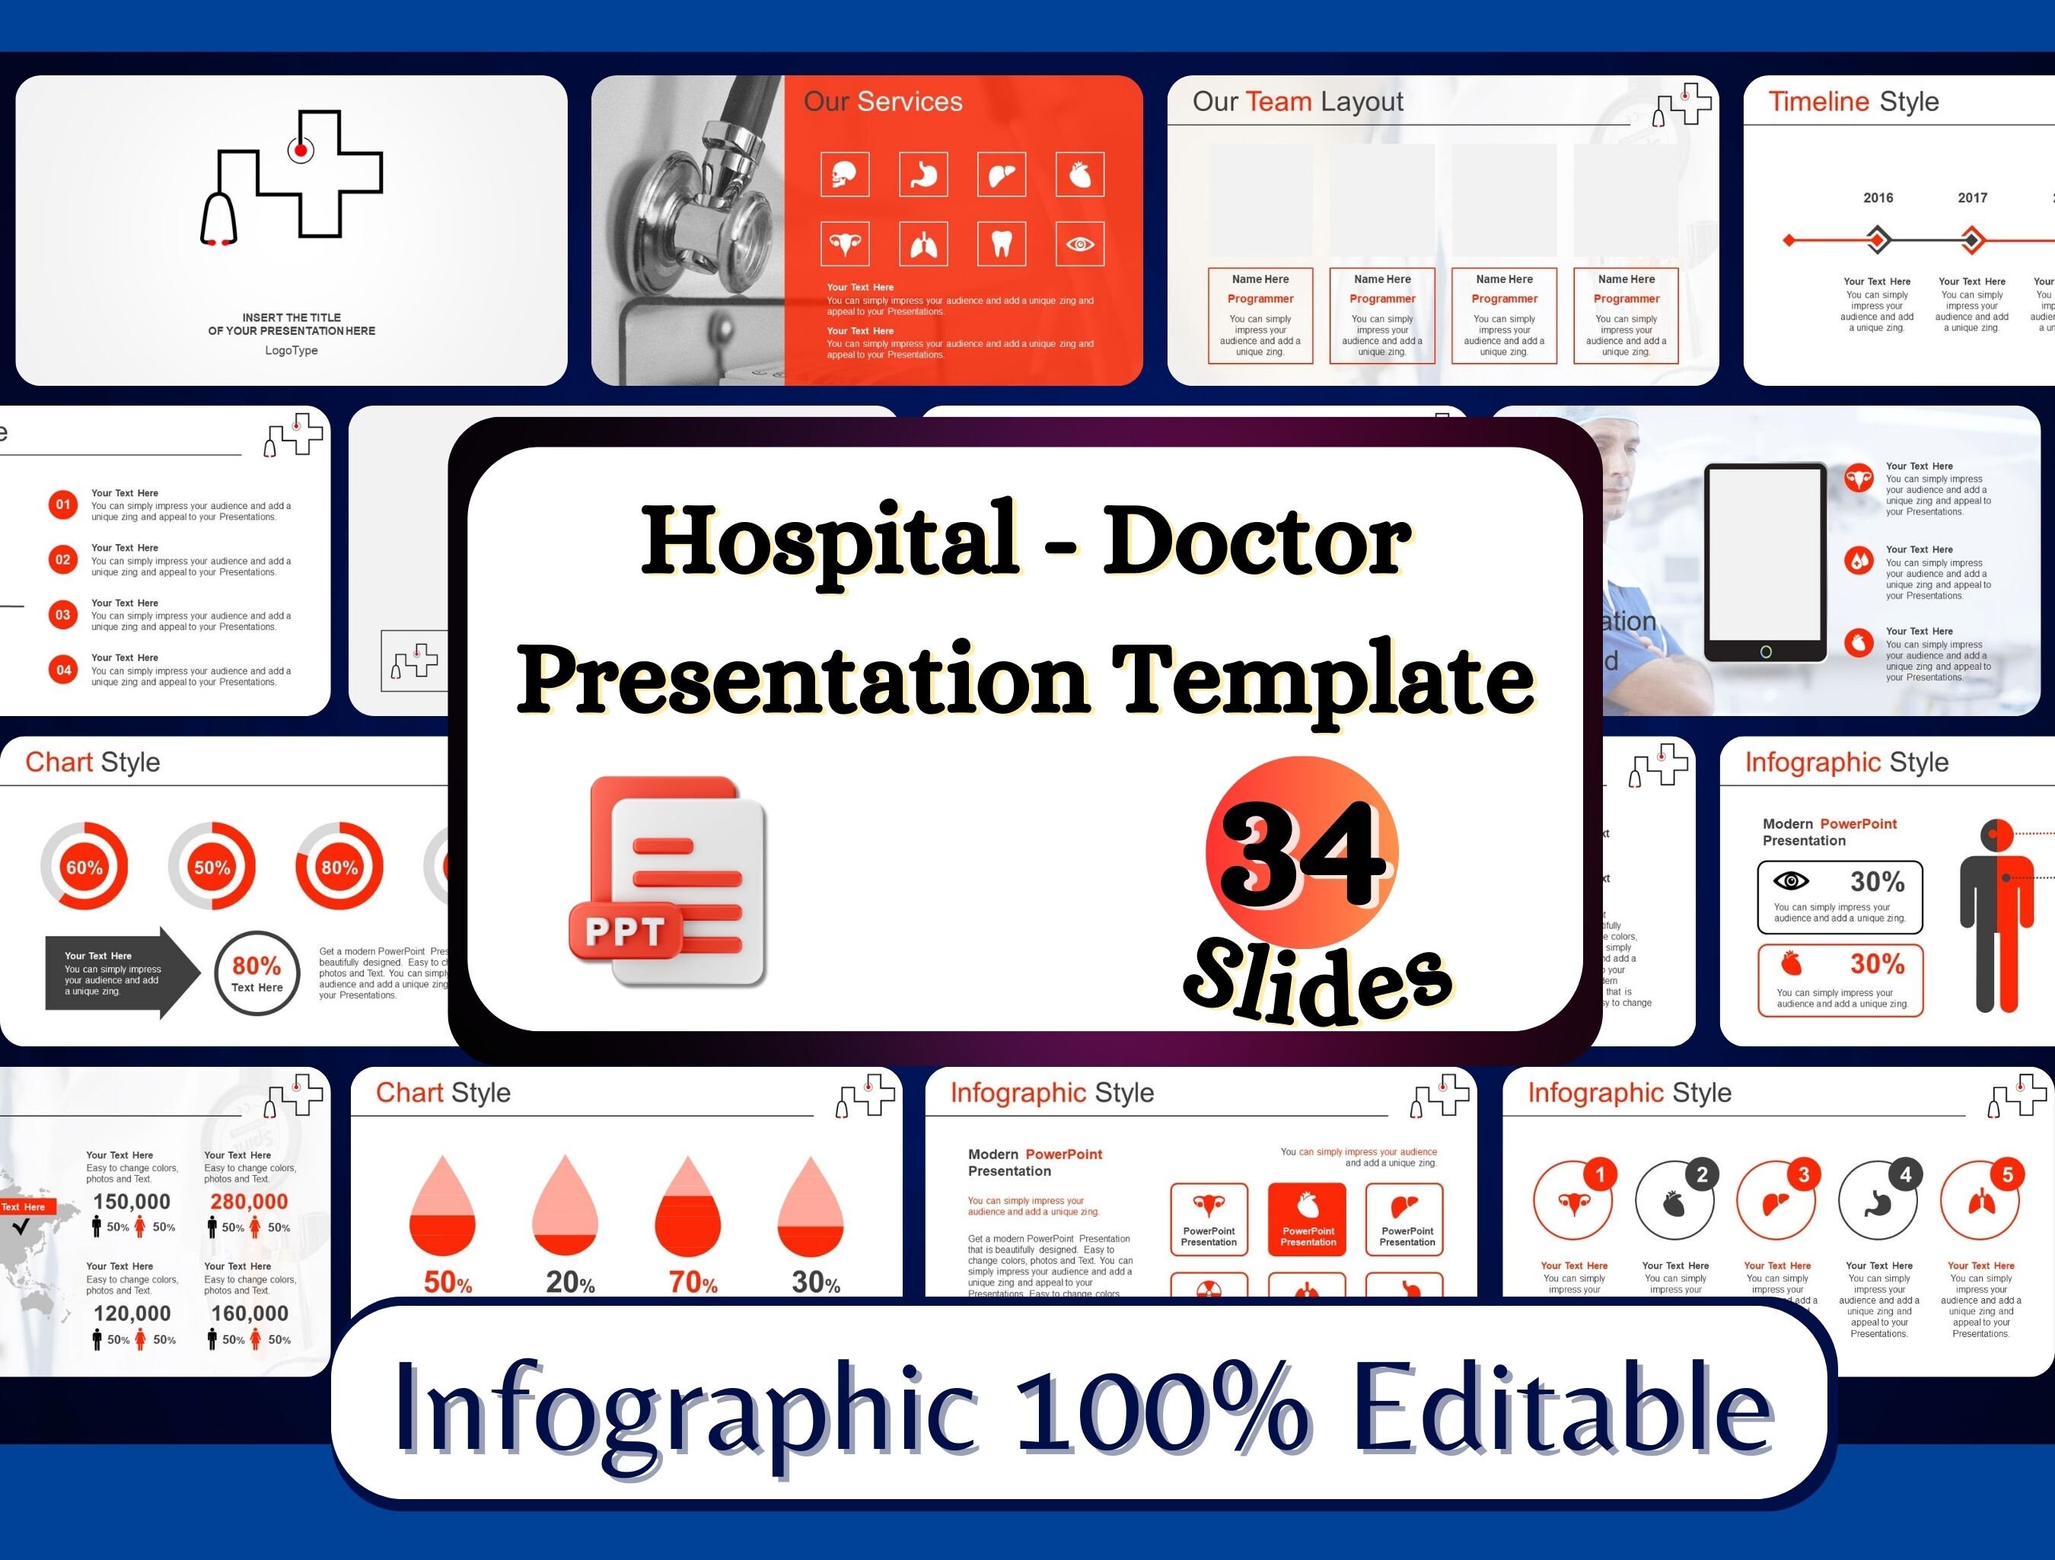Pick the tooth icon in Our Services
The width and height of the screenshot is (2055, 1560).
click(1002, 244)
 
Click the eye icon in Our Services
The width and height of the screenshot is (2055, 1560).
click(1079, 244)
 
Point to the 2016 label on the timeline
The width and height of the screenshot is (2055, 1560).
click(1878, 198)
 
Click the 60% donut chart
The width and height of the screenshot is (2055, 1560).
click(84, 867)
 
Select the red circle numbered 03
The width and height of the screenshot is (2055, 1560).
click(63, 614)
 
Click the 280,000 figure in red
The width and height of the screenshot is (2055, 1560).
click(249, 1202)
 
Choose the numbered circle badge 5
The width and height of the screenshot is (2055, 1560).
click(2007, 1174)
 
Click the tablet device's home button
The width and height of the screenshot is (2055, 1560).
click(1765, 652)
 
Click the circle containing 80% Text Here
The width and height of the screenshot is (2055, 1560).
click(256, 973)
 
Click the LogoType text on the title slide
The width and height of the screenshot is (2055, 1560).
click(292, 350)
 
